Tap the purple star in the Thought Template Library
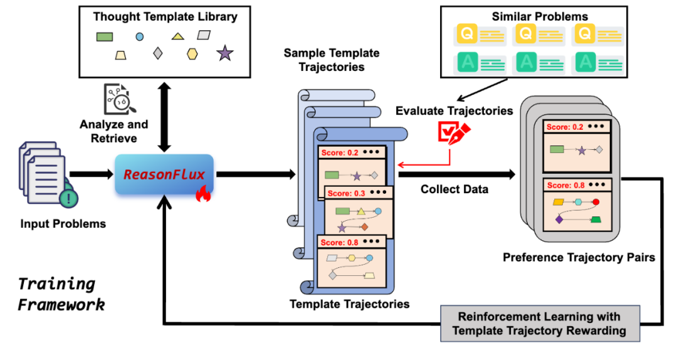(x=225, y=53)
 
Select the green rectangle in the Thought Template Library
(x=105, y=37)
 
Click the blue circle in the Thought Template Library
(x=140, y=37)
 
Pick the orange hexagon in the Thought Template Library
(x=192, y=55)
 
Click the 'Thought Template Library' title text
(x=166, y=17)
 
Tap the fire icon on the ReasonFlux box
(x=202, y=195)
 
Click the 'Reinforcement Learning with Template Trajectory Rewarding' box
(x=540, y=323)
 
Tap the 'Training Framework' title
(x=61, y=294)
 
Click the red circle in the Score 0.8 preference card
(x=596, y=202)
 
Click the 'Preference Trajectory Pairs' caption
(x=579, y=257)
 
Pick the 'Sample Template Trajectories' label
(x=324, y=60)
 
